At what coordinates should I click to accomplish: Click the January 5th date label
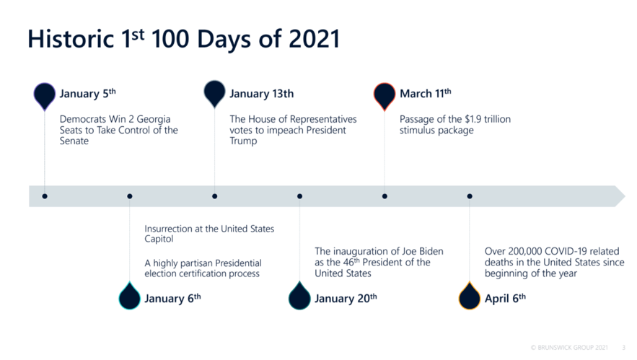pos(88,94)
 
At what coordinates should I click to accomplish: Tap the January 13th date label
pos(262,94)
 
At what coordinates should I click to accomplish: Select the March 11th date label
pos(426,94)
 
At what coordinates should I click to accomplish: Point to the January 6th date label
pos(172,299)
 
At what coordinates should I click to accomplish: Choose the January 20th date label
pos(346,299)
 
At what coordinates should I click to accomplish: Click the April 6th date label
pos(505,299)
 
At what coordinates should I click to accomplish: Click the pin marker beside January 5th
pos(45,96)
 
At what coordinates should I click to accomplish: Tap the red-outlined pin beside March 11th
pos(385,96)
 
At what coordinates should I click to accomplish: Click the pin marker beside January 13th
pos(214,95)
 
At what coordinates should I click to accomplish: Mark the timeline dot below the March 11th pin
pos(385,196)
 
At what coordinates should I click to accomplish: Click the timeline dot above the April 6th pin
pos(470,196)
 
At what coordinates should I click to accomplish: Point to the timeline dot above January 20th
pos(300,196)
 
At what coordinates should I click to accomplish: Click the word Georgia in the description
pos(154,120)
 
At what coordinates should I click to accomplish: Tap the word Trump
pos(243,141)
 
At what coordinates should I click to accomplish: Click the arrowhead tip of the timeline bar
pos(625,196)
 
